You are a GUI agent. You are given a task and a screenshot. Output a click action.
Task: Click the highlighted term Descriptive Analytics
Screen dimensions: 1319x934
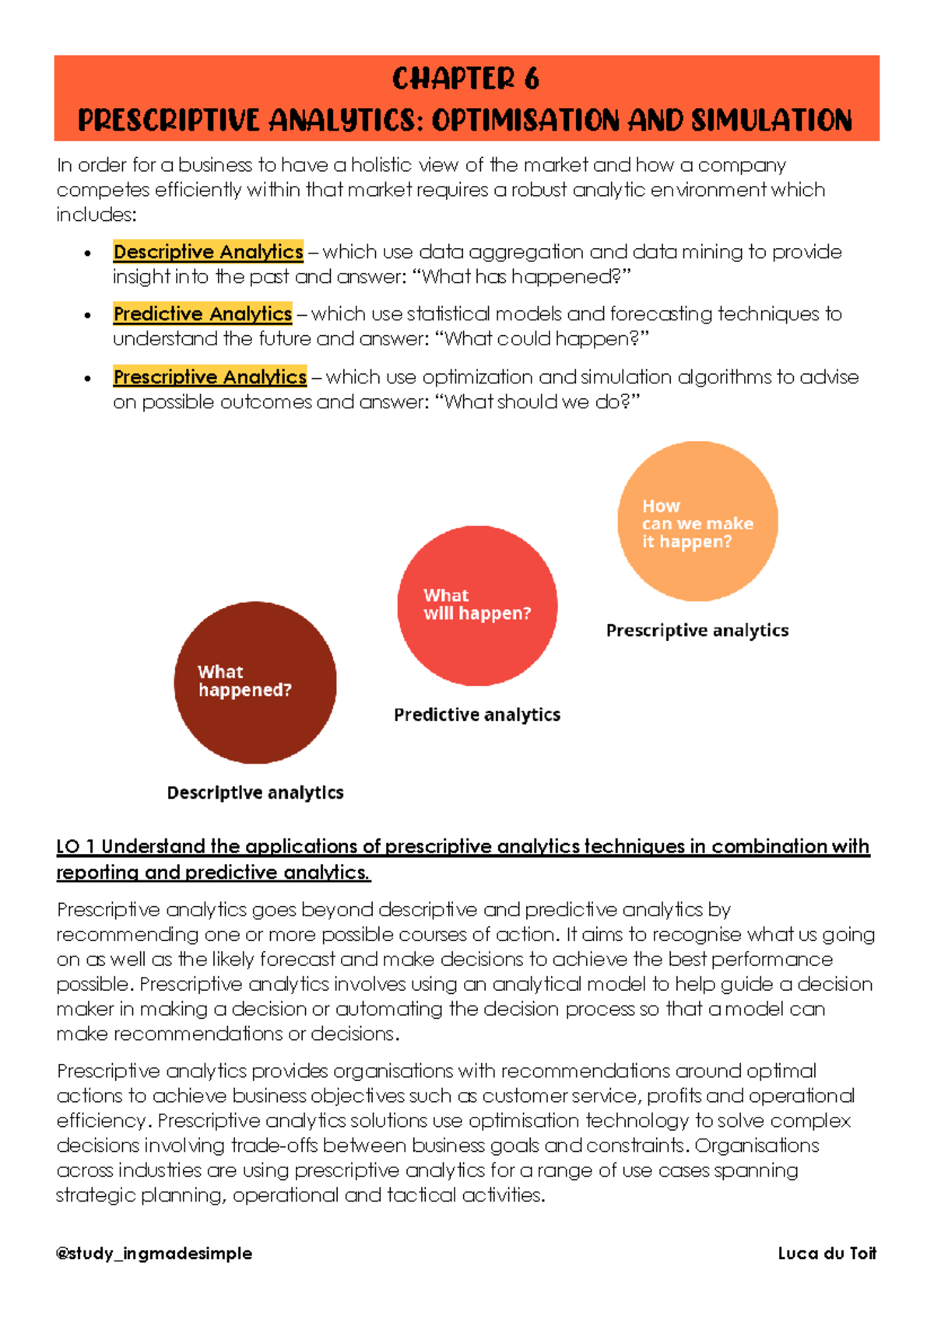(208, 252)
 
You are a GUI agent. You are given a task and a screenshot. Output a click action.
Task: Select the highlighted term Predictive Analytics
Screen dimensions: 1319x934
(202, 314)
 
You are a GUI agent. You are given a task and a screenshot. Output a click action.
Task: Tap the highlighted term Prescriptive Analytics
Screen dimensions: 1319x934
(209, 377)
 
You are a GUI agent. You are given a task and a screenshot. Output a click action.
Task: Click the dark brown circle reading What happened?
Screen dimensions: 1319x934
(255, 682)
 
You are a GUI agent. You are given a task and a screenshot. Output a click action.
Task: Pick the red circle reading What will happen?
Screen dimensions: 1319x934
(477, 605)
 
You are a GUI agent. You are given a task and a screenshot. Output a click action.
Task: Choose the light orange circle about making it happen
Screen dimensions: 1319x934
(697, 521)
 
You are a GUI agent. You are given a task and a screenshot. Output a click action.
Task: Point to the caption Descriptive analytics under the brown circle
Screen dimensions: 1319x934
(255, 792)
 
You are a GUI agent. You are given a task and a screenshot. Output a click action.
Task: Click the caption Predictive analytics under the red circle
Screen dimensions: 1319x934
(477, 715)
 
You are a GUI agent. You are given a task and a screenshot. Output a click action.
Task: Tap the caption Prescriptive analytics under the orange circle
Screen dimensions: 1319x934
(697, 631)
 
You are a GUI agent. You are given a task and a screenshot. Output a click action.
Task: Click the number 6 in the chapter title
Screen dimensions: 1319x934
(532, 79)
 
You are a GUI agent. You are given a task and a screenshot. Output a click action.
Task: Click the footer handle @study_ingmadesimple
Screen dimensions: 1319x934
(154, 1253)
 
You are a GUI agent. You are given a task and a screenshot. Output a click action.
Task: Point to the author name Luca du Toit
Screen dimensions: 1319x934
(827, 1253)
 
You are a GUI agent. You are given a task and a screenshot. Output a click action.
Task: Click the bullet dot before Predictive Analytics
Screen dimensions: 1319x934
(88, 316)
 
